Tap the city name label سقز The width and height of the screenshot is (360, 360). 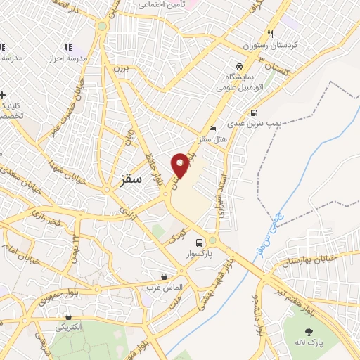pos(127,179)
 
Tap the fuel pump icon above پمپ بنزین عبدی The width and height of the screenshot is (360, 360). pos(254,112)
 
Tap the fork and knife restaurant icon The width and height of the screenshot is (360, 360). pos(270,34)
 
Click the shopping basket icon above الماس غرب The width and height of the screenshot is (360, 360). pos(164,276)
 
